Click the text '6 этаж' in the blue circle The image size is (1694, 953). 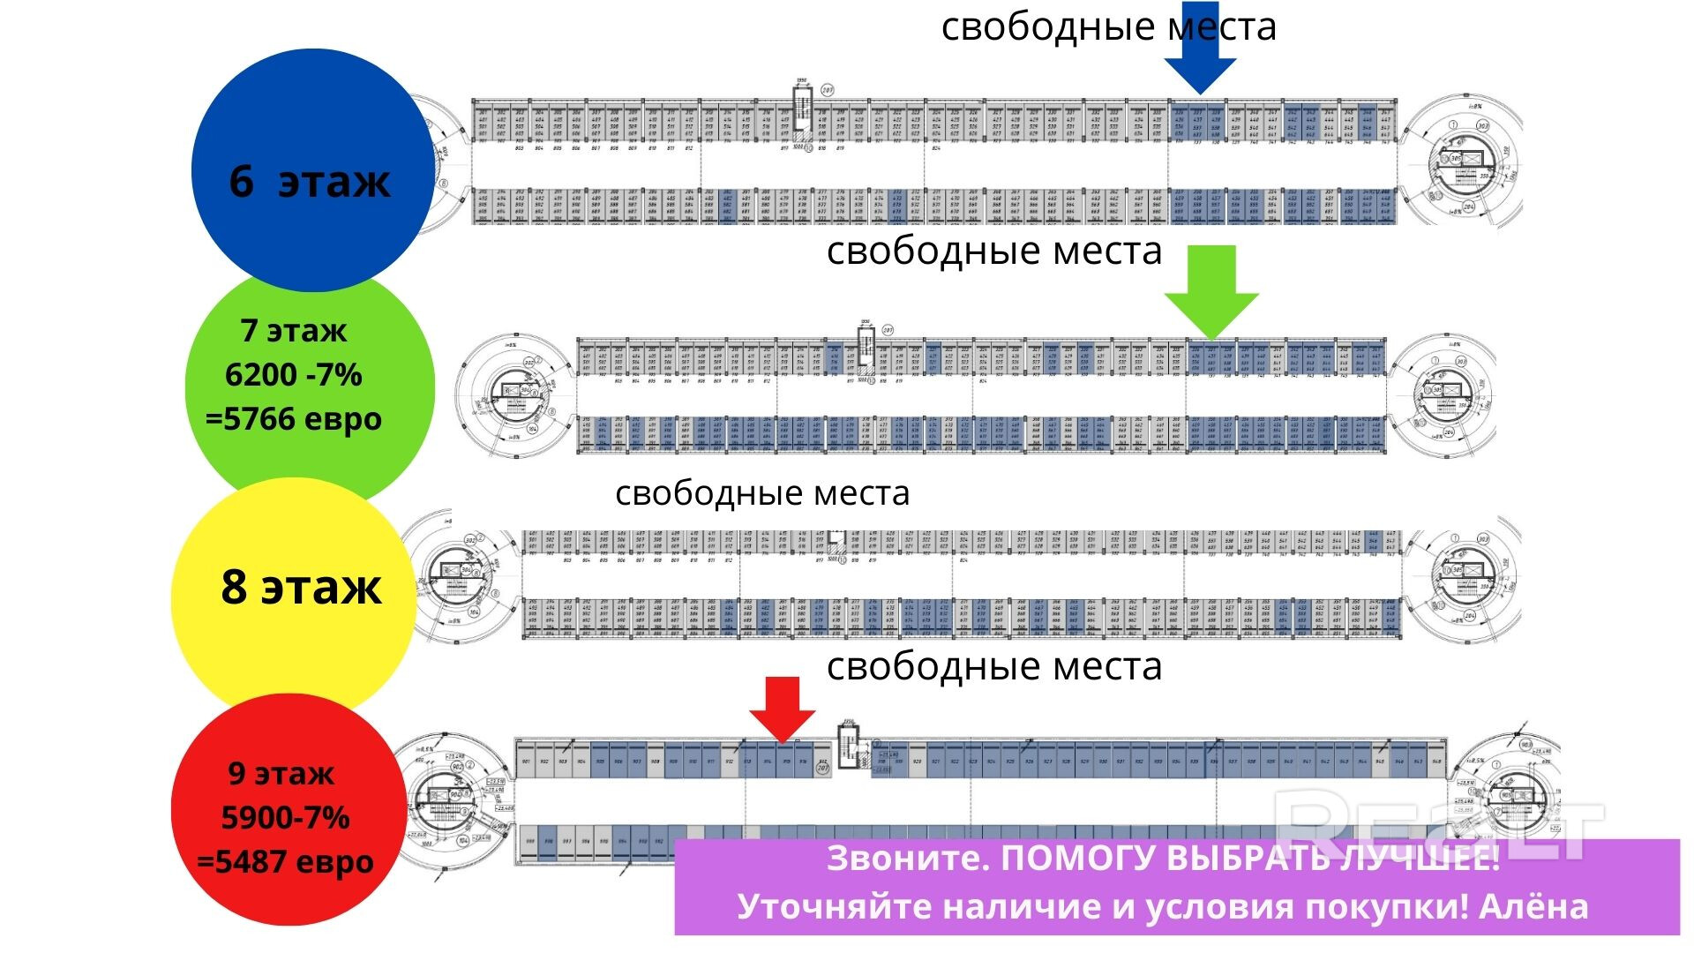click(309, 182)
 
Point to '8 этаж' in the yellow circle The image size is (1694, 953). click(301, 587)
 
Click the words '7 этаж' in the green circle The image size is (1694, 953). click(294, 331)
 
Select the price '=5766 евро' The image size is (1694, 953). click(294, 418)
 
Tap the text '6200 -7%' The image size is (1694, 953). click(294, 375)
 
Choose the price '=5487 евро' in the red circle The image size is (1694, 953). click(286, 861)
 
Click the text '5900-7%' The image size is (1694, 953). click(286, 818)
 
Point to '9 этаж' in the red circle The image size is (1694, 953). click(281, 774)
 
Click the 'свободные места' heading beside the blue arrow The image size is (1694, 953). click(1108, 26)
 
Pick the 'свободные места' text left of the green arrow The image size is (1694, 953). click(994, 251)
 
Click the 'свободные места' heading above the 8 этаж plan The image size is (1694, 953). click(762, 492)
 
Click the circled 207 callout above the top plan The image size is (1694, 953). click(828, 90)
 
